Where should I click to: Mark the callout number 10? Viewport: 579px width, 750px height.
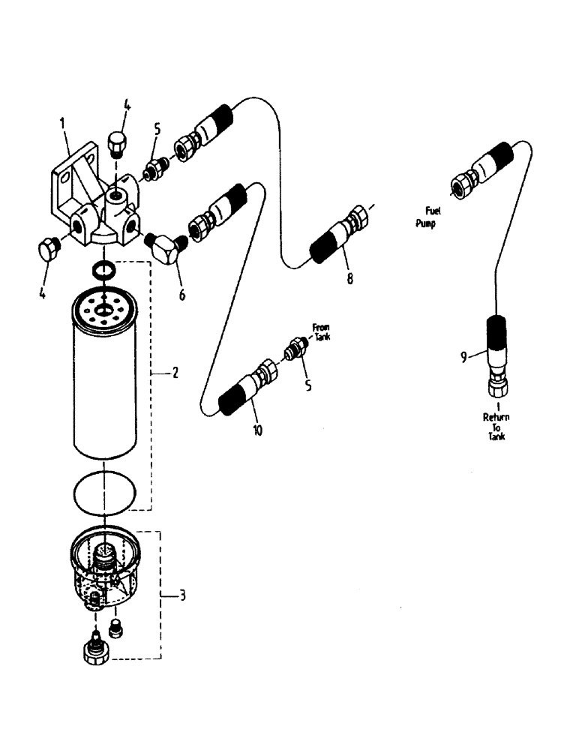tap(258, 432)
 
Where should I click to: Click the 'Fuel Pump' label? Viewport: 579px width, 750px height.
tap(430, 217)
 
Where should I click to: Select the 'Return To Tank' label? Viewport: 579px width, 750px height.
tap(494, 424)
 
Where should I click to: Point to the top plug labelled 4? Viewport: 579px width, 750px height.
tap(117, 142)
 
